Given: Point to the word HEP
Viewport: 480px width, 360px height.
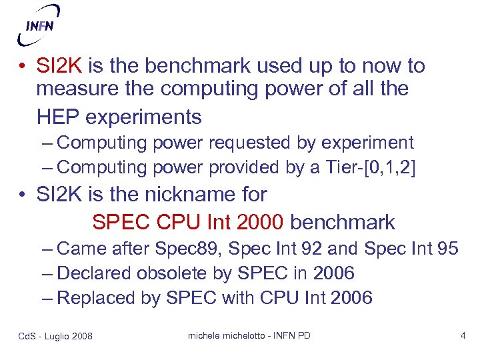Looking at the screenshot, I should tap(57, 117).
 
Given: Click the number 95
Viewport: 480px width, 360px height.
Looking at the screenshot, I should tap(446, 248).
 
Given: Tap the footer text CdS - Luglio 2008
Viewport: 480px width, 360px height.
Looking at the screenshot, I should tap(55, 336).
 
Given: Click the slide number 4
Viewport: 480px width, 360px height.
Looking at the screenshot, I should tap(463, 335).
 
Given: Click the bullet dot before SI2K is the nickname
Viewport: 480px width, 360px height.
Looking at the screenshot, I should tap(23, 195).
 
